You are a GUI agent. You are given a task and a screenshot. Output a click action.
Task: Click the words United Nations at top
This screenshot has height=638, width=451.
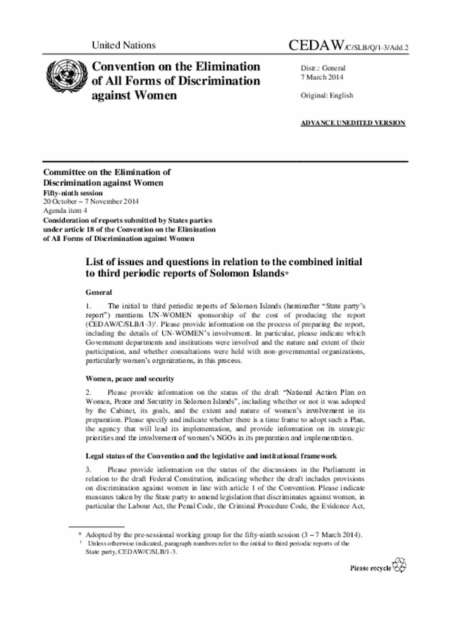[123, 45]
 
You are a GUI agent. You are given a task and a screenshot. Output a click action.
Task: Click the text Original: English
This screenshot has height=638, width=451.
[327, 95]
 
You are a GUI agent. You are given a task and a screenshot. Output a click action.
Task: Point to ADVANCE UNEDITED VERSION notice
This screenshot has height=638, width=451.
[352, 123]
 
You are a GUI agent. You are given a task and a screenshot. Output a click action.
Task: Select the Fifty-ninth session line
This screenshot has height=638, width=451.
[73, 192]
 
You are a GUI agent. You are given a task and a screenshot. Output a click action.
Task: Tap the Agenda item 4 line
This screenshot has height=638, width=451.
[65, 210]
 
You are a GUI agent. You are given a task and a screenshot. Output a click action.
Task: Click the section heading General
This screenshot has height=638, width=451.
[99, 292]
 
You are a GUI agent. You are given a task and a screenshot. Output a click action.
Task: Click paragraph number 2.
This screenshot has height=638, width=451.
[88, 391]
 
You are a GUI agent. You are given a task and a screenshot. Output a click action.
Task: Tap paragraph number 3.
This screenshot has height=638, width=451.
[88, 467]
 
